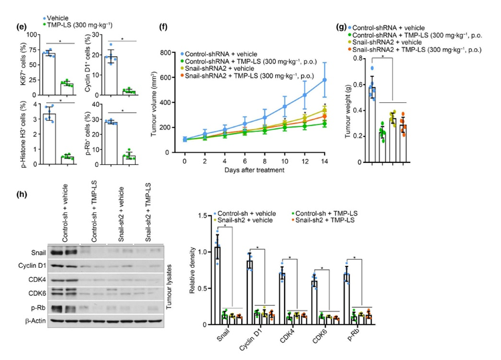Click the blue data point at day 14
325,80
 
